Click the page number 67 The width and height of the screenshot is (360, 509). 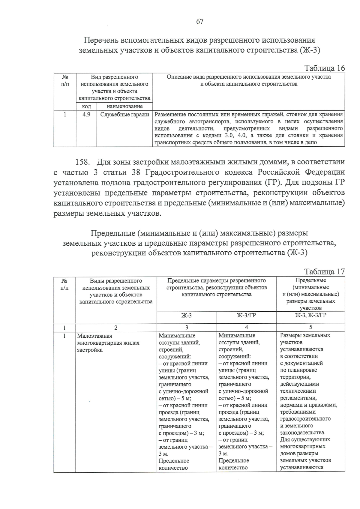[200, 22]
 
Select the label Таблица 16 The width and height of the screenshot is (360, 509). [325, 68]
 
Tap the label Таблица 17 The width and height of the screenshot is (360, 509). [325, 271]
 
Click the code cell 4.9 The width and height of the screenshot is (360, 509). [86, 115]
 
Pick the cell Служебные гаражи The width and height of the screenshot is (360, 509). [124, 115]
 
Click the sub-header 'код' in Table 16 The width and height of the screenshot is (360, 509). [86, 106]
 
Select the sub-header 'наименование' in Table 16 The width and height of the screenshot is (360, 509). [124, 106]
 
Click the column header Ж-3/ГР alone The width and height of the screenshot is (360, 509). [246, 316]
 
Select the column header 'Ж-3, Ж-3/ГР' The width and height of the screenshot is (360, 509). [310, 315]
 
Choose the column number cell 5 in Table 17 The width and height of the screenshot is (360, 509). [310, 327]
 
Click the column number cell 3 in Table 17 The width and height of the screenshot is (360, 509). [187, 328]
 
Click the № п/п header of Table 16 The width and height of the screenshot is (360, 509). [65, 80]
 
